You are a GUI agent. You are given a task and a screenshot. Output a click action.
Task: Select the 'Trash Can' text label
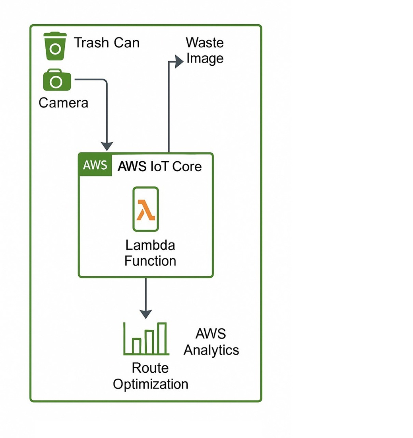pyautogui.click(x=107, y=42)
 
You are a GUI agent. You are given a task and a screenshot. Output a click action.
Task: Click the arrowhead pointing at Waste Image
pyautogui.click(x=179, y=61)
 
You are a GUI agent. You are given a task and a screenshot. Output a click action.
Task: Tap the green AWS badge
pyautogui.click(x=95, y=165)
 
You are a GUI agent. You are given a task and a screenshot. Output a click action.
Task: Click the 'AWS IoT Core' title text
pyautogui.click(x=160, y=166)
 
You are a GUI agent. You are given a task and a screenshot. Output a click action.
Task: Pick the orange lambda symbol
pyautogui.click(x=145, y=210)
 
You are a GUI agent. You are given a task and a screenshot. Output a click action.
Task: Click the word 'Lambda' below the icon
pyautogui.click(x=150, y=245)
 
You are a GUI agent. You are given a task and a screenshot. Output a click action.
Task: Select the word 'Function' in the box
pyautogui.click(x=150, y=261)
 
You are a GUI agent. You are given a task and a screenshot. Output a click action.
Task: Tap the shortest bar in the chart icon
pyautogui.click(x=136, y=346)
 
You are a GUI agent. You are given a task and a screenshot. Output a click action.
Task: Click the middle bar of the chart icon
pyautogui.click(x=149, y=342)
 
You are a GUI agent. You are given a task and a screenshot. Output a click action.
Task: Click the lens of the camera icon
pyautogui.click(x=56, y=82)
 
